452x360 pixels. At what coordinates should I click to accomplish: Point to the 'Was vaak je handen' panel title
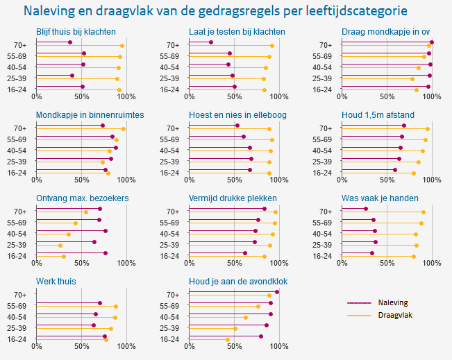coord(380,198)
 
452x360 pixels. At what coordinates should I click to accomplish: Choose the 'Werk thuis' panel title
coord(56,282)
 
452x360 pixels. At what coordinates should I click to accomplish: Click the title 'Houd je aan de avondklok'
coord(238,282)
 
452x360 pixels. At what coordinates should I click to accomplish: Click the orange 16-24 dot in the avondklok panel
coord(228,339)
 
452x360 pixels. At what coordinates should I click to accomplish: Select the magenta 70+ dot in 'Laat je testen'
coord(211,42)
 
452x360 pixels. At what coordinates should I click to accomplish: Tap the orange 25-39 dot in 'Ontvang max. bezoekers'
coord(60,246)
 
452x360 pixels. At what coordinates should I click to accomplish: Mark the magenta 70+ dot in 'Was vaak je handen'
coord(366,209)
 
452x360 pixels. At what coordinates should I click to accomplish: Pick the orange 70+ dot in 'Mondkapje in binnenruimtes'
coord(124,129)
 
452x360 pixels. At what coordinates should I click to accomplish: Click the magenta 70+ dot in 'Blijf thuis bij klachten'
coord(70,42)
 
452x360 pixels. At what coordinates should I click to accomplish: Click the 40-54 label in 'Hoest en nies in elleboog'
coord(169,151)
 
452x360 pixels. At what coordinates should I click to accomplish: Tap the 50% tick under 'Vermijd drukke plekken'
coord(234,264)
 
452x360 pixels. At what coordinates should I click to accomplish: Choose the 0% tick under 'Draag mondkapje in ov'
coord(342,97)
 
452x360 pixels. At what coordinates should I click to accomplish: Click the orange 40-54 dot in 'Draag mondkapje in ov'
coord(419,68)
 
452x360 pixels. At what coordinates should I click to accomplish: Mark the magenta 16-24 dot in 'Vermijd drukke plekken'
coord(246,253)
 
